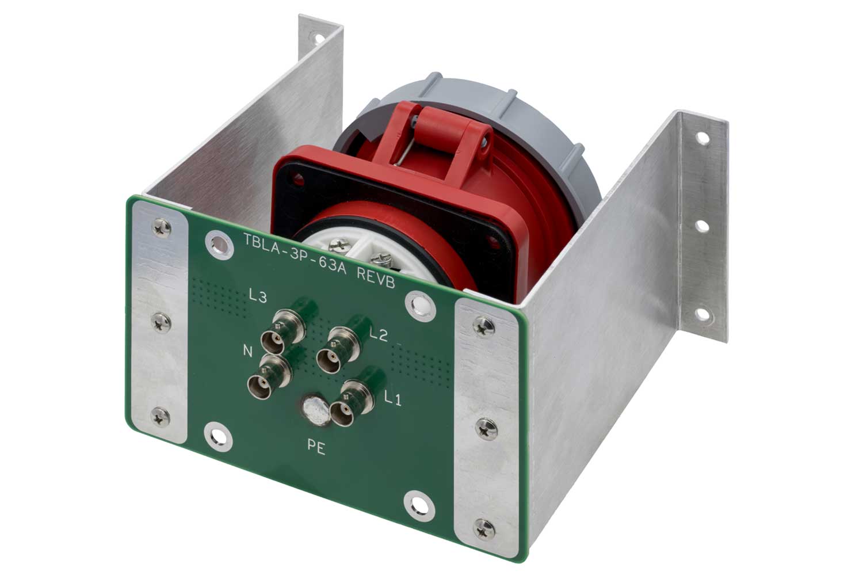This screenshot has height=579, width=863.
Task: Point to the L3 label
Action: click(x=257, y=297)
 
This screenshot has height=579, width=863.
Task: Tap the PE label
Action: click(x=316, y=448)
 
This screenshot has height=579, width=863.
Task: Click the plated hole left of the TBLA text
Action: click(x=219, y=243)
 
